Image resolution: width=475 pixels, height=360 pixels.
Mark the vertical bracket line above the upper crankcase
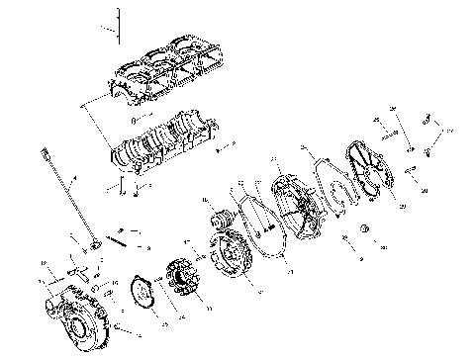(118, 25)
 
